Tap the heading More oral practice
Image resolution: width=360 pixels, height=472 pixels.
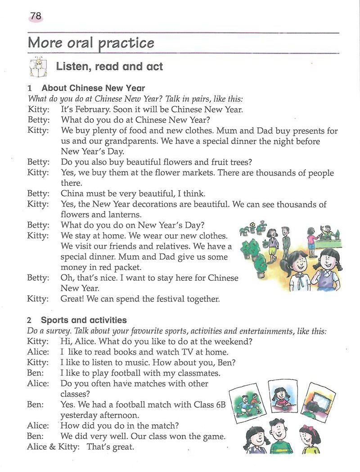coord(91,43)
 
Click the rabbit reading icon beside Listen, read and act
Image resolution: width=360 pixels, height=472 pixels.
coord(38,67)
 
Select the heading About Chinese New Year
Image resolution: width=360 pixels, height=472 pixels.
coord(93,88)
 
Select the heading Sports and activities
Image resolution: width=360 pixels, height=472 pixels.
coord(84,320)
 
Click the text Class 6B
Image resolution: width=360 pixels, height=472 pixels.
coord(209,405)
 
